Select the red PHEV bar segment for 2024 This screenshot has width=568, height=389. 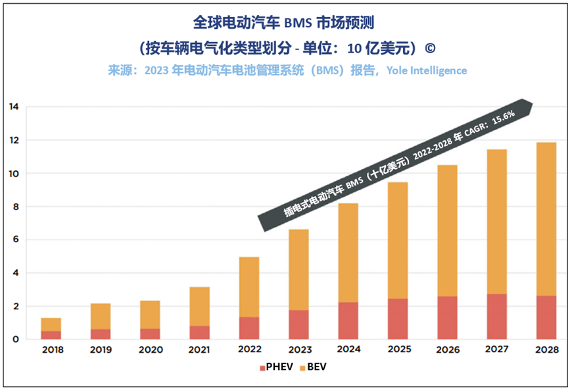click(x=348, y=321)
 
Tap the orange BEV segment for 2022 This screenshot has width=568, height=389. click(x=248, y=287)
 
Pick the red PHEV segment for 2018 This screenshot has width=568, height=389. click(x=51, y=335)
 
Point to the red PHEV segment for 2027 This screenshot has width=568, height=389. click(x=496, y=317)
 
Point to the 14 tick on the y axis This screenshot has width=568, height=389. click(x=13, y=107)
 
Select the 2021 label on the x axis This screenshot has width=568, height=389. click(x=200, y=350)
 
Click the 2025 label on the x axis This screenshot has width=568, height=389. click(x=397, y=350)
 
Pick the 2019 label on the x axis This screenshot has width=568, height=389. click(x=101, y=350)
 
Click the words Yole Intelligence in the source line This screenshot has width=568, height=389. click(x=427, y=70)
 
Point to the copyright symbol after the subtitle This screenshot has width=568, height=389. click(x=430, y=48)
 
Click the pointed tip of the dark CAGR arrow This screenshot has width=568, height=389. click(x=531, y=103)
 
